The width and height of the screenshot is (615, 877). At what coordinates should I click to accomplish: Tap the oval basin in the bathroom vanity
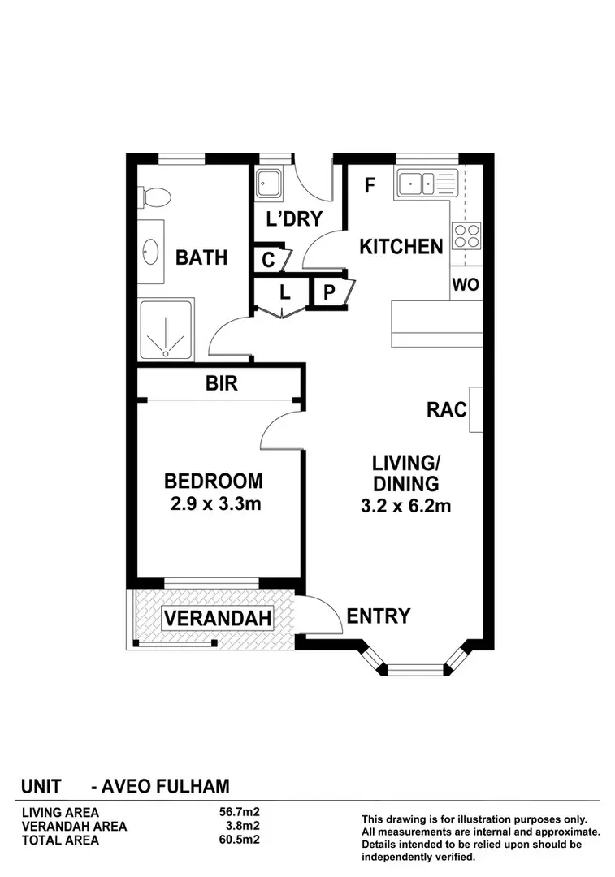click(151, 252)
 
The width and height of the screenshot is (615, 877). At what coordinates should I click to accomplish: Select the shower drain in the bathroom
click(166, 353)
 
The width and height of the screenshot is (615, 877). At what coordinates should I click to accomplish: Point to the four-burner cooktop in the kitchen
click(466, 235)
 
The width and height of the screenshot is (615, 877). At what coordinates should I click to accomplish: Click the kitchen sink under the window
click(417, 183)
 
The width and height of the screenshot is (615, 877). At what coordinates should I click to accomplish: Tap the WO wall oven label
click(466, 285)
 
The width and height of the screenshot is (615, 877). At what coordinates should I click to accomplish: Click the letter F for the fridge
click(370, 185)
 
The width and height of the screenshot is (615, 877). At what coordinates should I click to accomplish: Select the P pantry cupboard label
click(329, 292)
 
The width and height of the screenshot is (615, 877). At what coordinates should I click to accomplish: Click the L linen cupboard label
click(285, 292)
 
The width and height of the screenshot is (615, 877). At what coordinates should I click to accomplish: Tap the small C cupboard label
click(269, 260)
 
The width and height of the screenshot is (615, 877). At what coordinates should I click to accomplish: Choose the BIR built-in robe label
click(222, 383)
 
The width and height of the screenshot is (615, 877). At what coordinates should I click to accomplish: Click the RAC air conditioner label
click(447, 409)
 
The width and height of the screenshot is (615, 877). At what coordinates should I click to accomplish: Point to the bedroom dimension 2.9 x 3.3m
click(215, 504)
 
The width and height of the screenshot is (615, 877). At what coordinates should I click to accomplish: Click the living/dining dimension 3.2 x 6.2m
click(405, 506)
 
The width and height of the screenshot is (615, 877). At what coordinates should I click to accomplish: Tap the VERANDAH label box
click(218, 618)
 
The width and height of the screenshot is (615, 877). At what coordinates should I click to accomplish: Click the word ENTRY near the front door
click(379, 616)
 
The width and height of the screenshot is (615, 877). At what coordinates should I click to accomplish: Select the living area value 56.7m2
click(239, 812)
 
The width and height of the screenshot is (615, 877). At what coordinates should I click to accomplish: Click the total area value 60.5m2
click(239, 839)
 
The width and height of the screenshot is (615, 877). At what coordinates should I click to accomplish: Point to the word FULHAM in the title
click(193, 786)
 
